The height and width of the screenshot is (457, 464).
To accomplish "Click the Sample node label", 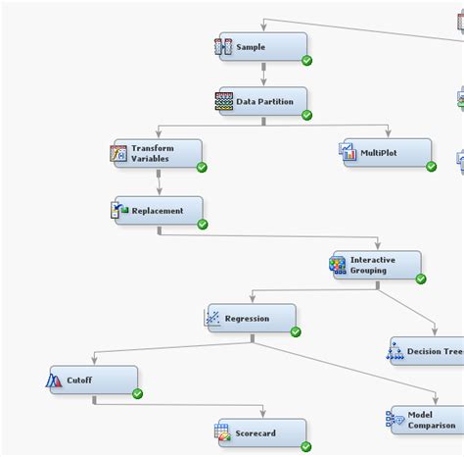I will point(250,47).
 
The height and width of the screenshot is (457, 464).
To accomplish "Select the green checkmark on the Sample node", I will point(307,61).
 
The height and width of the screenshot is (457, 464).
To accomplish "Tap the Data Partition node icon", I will point(224,101).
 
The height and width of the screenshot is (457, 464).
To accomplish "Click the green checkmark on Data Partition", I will point(306,115).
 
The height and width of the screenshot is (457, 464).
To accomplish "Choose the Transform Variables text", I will point(151,153).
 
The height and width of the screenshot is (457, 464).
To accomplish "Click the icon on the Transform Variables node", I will point(118,153).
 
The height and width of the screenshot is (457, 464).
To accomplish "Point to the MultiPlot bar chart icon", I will point(348,152).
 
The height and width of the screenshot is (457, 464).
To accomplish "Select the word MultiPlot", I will point(379,153).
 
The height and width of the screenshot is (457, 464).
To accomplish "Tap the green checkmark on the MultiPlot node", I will point(431,167).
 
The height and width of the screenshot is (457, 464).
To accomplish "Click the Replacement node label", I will point(157,210).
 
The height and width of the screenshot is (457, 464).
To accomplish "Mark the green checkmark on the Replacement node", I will point(203,225).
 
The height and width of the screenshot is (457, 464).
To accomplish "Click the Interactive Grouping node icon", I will point(338,265).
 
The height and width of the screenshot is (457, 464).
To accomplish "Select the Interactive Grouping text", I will point(373,265).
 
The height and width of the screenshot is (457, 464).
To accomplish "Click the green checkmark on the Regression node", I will point(296,331).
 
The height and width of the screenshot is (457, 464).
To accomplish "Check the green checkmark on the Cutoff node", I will point(137,393).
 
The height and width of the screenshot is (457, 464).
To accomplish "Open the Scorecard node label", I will point(255,433).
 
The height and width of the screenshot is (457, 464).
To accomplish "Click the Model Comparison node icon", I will point(395,421).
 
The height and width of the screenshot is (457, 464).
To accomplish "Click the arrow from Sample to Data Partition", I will point(263,74).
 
